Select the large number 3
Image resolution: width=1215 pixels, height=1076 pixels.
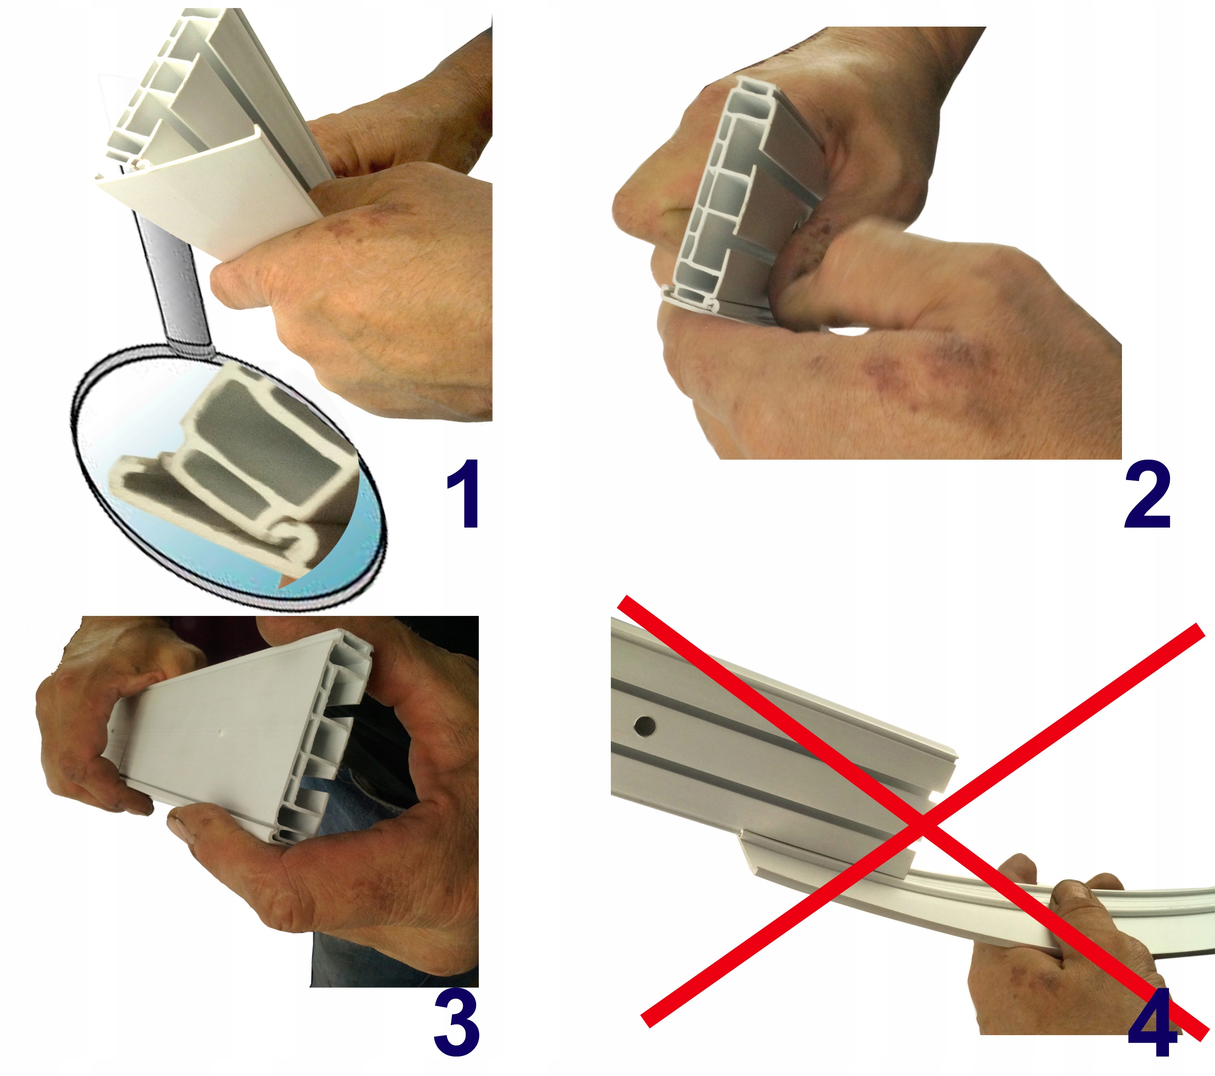pos(456,1023)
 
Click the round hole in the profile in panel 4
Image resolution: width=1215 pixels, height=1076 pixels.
pos(645,726)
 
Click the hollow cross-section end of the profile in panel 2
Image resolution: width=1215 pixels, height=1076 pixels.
pos(722,196)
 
